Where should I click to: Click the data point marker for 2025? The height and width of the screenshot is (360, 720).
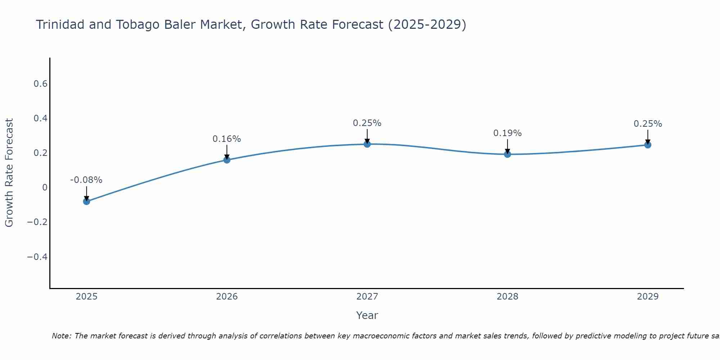click(86, 201)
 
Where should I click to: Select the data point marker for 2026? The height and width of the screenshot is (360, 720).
click(227, 160)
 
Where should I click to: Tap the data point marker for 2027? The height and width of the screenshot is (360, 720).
click(367, 144)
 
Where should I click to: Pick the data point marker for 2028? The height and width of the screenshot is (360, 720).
click(507, 154)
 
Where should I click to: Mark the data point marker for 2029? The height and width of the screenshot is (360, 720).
click(648, 145)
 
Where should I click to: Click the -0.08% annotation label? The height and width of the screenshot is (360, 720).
click(86, 180)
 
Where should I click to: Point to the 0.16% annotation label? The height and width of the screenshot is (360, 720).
click(226, 139)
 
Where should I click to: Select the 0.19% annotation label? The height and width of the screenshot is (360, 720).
click(507, 133)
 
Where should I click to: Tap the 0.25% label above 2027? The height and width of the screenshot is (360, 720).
click(367, 123)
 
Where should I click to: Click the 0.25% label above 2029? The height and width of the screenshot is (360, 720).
click(648, 124)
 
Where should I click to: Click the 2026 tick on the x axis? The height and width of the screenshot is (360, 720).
click(227, 297)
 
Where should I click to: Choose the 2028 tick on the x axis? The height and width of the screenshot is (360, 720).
click(507, 297)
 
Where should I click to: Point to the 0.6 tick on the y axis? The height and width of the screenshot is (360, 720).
click(40, 84)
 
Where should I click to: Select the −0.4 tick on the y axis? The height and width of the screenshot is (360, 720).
click(37, 257)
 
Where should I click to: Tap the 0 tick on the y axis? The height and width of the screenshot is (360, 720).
click(45, 187)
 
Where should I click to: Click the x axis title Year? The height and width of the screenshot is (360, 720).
click(367, 315)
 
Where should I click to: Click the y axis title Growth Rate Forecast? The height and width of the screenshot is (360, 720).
click(9, 173)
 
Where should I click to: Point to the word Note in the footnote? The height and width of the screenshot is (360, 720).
click(61, 336)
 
